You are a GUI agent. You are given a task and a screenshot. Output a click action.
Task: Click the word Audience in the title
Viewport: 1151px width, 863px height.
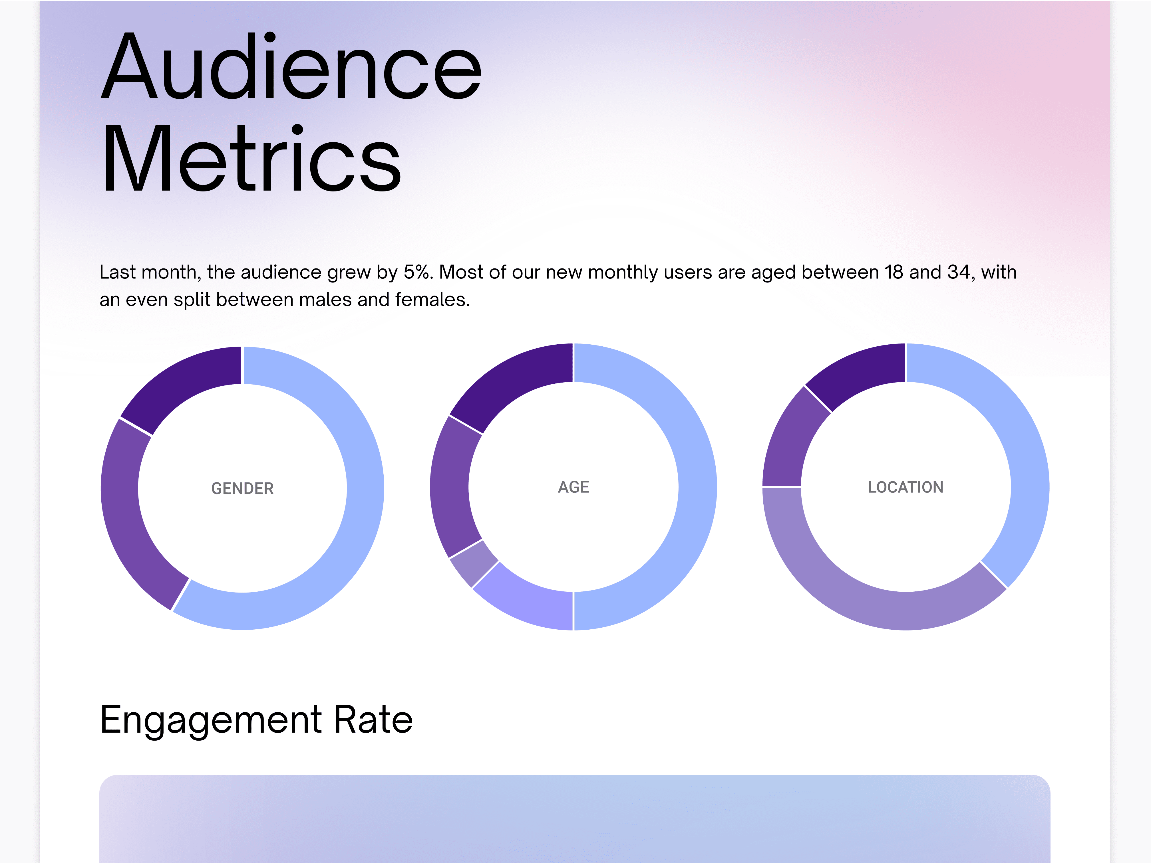[291, 66]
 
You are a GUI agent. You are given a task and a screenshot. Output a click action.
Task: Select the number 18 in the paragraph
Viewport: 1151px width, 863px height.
[894, 272]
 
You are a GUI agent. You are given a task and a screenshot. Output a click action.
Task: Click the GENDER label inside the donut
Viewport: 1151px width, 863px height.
[242, 488]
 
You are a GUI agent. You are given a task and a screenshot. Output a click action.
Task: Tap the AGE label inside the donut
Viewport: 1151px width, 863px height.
[574, 487]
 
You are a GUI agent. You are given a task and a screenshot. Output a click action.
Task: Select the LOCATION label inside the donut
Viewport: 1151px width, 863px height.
[905, 487]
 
